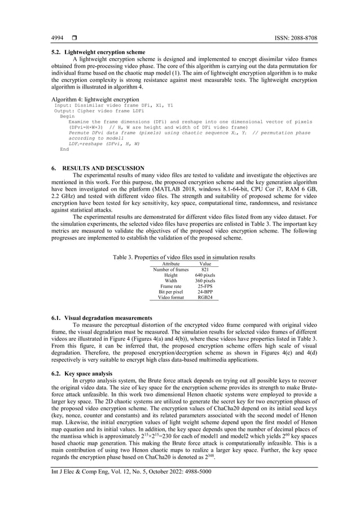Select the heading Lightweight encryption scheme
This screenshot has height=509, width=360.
tap(104, 51)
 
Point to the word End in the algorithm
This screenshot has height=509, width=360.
tap(64, 150)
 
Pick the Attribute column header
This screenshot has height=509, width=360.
tap(170, 264)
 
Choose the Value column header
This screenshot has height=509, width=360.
tap(205, 264)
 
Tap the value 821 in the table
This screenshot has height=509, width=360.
tap(205, 270)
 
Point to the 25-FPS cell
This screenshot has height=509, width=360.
tap(205, 286)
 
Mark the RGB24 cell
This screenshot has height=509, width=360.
tap(205, 297)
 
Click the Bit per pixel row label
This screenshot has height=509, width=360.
tap(170, 292)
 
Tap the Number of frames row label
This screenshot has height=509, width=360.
tap(170, 270)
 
